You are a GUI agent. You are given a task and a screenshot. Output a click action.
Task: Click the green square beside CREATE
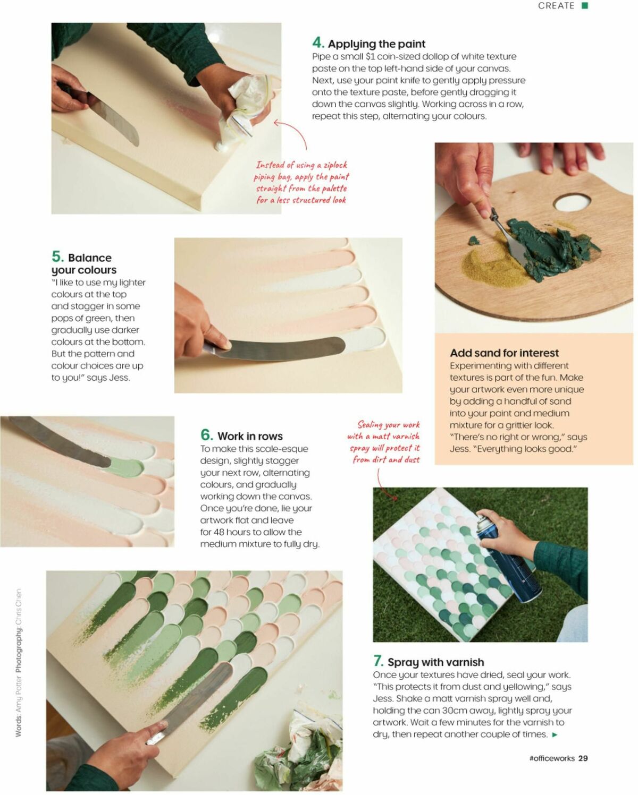[x=585, y=5]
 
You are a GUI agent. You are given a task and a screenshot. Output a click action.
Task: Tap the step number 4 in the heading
[x=318, y=43]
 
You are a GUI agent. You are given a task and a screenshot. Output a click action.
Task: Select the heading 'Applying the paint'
[x=376, y=44]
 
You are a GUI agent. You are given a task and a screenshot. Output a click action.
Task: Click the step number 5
[x=57, y=257]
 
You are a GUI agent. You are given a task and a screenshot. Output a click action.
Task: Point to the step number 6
[x=206, y=435]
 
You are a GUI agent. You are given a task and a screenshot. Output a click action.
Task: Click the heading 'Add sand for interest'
[x=504, y=353]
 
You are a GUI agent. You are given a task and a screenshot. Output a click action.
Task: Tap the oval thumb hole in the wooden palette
[x=572, y=202]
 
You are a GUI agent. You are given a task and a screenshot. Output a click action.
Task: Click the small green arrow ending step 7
[x=555, y=735]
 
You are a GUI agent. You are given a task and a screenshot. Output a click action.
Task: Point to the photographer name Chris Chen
[x=19, y=606]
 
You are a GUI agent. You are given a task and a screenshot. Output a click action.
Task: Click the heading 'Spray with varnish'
[x=435, y=662]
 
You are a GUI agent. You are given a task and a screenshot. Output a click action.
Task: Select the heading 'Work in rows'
[x=250, y=437]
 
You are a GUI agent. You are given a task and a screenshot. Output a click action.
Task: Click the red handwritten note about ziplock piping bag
[x=301, y=183]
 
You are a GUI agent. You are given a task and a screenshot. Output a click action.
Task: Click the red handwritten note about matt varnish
[x=384, y=442]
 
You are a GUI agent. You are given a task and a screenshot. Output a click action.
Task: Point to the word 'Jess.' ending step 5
[x=119, y=378]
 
